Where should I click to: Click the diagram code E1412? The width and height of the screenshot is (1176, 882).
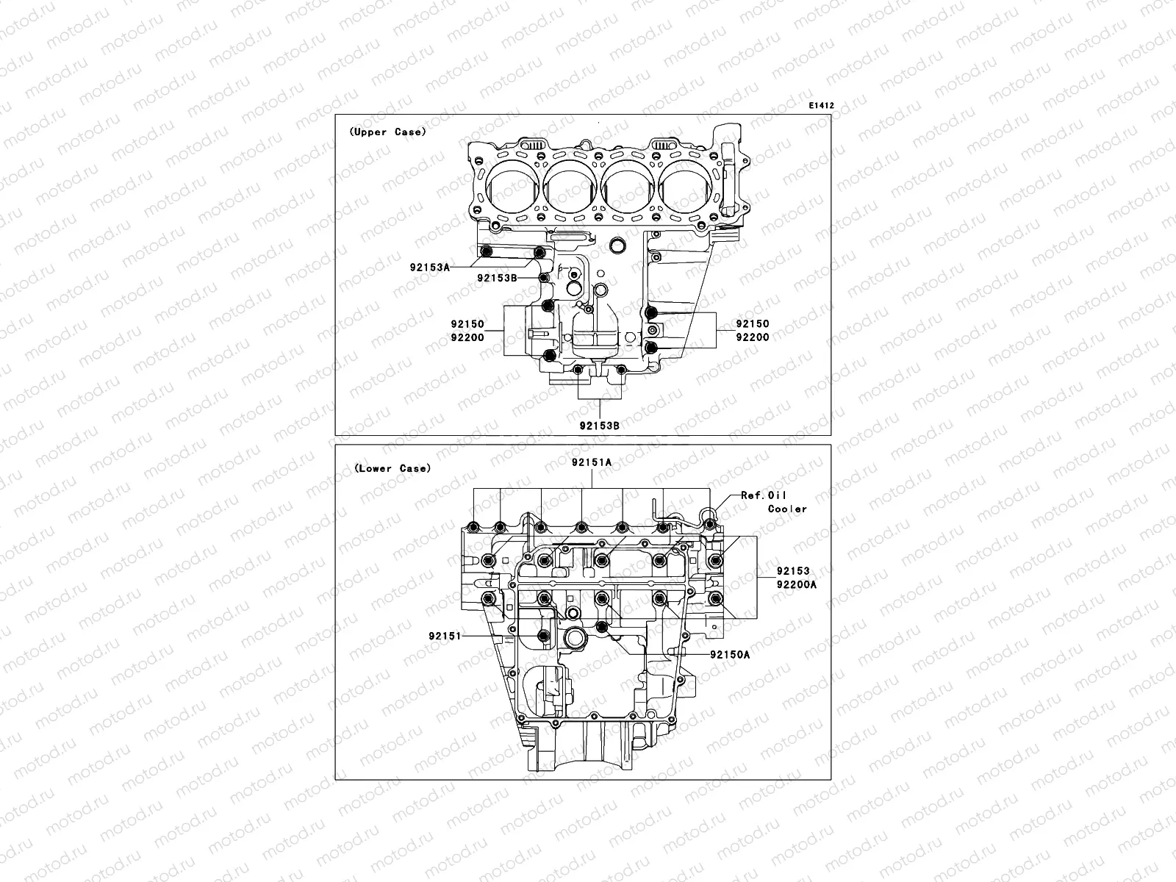(x=821, y=106)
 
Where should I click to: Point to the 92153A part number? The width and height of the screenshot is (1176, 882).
(x=430, y=268)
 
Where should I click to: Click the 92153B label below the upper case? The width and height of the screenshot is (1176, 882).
(x=600, y=425)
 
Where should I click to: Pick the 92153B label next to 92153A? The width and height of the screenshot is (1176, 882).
(x=498, y=278)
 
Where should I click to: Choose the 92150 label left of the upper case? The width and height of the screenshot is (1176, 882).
(x=467, y=323)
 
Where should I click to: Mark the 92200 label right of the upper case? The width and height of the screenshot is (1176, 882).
(x=753, y=337)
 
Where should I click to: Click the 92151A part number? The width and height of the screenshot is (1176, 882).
(x=592, y=462)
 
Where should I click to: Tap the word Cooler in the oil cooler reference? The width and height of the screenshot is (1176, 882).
(x=787, y=509)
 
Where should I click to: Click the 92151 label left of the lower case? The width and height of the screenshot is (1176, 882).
(x=445, y=636)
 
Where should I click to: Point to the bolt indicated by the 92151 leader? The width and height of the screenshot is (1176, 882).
(x=543, y=636)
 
